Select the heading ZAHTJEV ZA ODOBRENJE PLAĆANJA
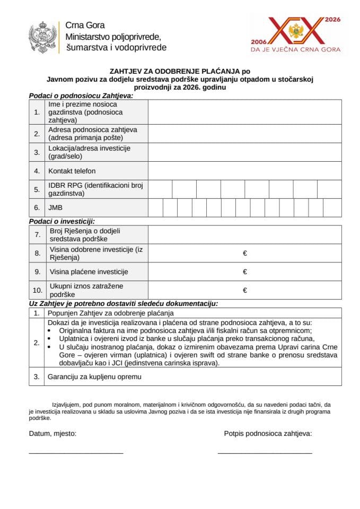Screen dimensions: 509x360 click(179, 70)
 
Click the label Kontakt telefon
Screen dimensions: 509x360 click(72, 171)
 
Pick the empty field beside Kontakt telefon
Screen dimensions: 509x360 click(244, 171)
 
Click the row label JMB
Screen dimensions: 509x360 click(55, 208)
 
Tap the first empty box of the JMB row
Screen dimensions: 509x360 click(155, 208)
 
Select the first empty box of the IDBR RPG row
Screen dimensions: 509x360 click(160, 189)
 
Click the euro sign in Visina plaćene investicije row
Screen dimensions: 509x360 click(245, 272)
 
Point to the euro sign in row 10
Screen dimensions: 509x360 click(245, 290)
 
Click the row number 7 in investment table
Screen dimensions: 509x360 click(37, 234)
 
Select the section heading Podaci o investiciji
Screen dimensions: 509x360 click(65, 221)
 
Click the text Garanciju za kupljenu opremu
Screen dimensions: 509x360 click(95, 377)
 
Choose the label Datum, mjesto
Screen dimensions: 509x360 click(52, 433)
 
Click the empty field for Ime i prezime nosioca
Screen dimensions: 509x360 click(244, 112)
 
